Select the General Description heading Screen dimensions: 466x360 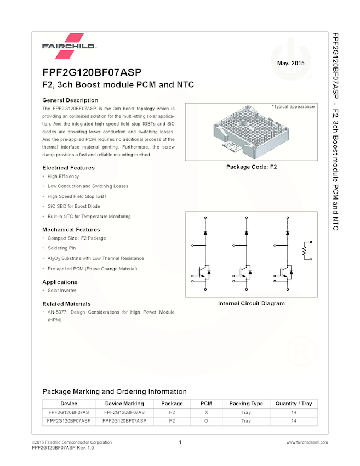pos(70,100)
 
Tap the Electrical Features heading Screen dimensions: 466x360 pos(68,168)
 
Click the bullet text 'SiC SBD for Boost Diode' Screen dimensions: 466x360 pos(74,206)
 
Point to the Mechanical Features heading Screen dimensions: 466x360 pos(71,230)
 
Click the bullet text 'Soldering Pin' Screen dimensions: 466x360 pos(62,248)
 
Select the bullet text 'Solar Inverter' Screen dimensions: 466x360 pos(62,291)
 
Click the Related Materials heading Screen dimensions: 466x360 pos(66,304)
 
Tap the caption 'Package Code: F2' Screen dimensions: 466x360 pos(252,167)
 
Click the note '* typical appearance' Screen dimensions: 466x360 pos(293,107)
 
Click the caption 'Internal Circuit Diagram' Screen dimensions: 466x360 pos(252,304)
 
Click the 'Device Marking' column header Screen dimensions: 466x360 pos(124,404)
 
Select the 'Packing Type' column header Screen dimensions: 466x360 pos(246,404)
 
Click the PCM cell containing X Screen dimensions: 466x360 pos(206,412)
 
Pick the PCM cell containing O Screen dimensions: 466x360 pos(206,421)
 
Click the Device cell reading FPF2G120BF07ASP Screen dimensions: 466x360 pos(69,421)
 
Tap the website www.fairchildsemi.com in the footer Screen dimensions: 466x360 pos(307,442)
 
